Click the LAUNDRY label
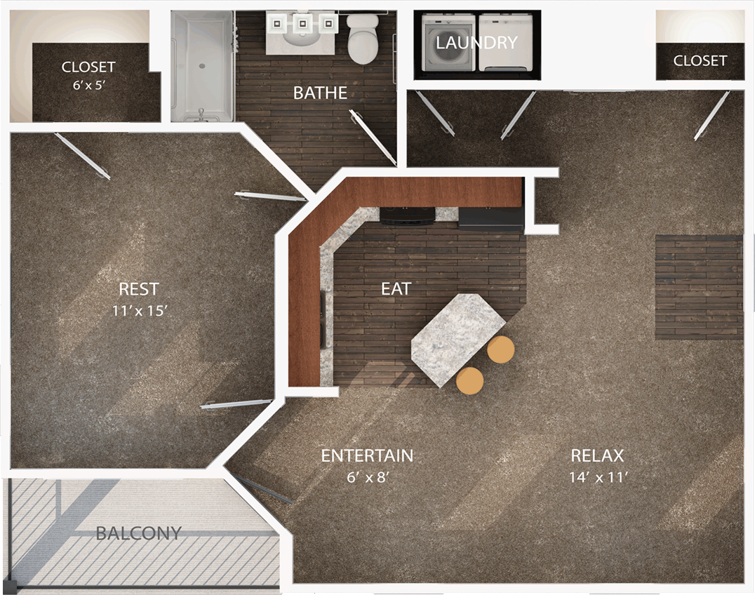click(x=476, y=42)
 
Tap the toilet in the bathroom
click(x=364, y=39)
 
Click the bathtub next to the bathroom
click(x=202, y=67)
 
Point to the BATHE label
click(x=320, y=93)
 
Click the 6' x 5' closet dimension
click(x=89, y=85)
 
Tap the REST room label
click(x=139, y=289)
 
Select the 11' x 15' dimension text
click(x=140, y=311)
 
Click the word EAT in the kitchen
click(x=396, y=289)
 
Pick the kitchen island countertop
click(x=458, y=340)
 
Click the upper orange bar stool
click(x=501, y=349)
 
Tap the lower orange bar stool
click(x=470, y=381)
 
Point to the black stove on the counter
click(x=408, y=215)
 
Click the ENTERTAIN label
click(x=368, y=455)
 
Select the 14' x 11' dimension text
click(x=599, y=477)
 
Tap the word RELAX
click(x=597, y=455)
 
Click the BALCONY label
click(x=139, y=533)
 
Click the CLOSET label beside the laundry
click(x=700, y=60)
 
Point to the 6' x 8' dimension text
click(x=368, y=477)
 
